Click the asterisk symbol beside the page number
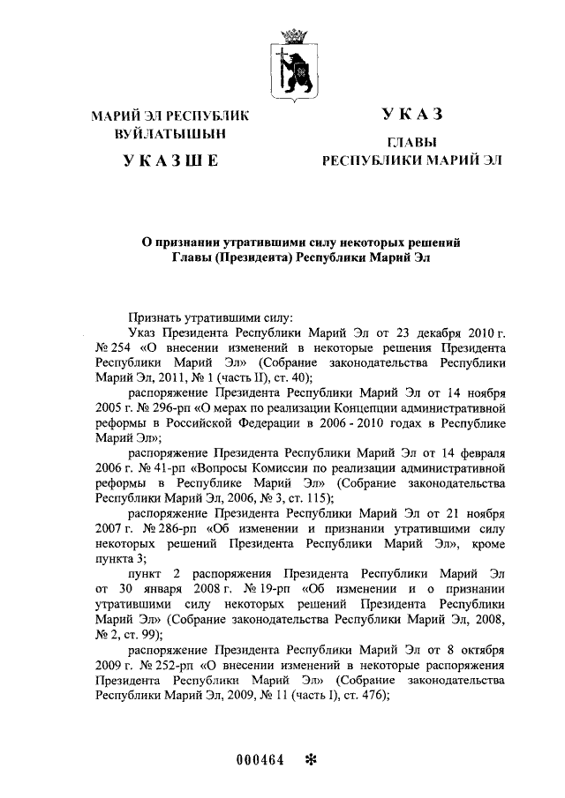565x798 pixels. coord(310,760)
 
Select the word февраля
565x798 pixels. coord(478,454)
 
